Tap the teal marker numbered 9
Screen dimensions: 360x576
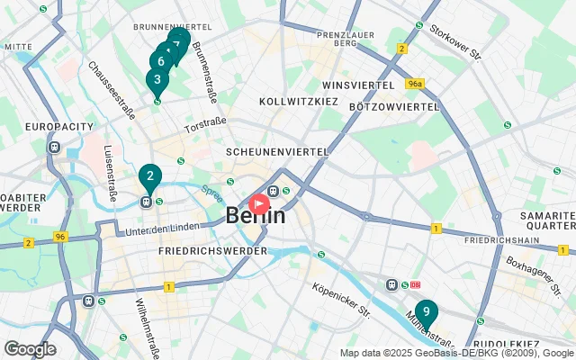coord(426,313)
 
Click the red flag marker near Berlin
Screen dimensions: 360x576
coord(258,204)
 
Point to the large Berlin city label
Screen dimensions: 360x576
coord(256,217)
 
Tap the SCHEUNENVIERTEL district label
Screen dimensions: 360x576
coord(276,151)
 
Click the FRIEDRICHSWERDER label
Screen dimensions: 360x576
coord(212,251)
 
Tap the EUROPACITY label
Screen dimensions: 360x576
coord(54,127)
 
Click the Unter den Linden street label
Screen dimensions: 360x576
coord(160,231)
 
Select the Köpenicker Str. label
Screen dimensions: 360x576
coord(341,301)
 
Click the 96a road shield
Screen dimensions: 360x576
coord(414,84)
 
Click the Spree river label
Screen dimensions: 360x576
coord(211,193)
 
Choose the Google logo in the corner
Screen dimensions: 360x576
coord(30,349)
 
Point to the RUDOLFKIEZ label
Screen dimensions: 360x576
coord(508,344)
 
